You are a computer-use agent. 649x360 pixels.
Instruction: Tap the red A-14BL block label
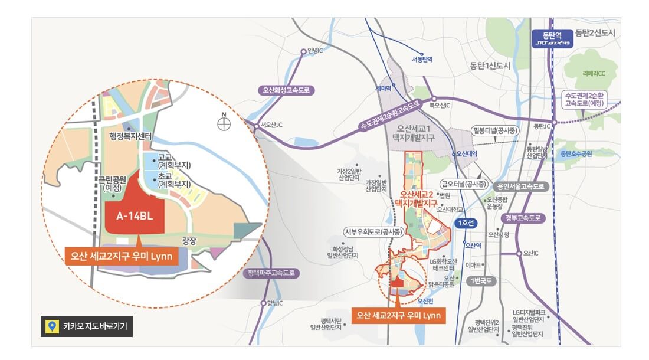pyautogui.click(x=131, y=216)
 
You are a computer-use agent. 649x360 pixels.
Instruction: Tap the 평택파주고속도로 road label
pyautogui.click(x=271, y=273)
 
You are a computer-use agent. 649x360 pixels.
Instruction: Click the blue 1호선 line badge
pyautogui.click(x=466, y=224)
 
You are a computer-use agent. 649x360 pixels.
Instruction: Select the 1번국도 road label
pyautogui.click(x=481, y=281)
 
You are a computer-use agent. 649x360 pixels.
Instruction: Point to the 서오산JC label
pyautogui.click(x=271, y=125)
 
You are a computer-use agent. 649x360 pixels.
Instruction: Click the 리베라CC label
pyautogui.click(x=594, y=74)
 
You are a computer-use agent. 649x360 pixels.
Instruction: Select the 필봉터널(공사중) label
pyautogui.click(x=497, y=129)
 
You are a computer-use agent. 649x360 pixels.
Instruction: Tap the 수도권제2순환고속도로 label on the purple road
pyautogui.click(x=390, y=114)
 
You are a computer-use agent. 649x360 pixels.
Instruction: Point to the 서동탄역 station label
pyautogui.click(x=422, y=60)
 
